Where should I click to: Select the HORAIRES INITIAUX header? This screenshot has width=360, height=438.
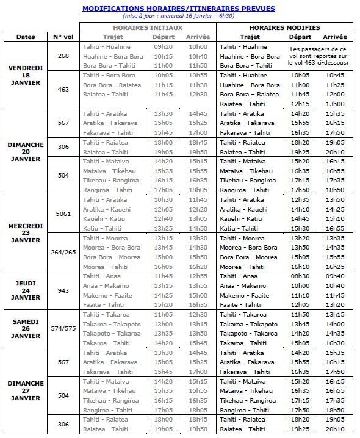click(147, 28)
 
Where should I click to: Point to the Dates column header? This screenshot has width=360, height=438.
click(26, 37)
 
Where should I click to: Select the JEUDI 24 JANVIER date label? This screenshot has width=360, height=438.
click(26, 290)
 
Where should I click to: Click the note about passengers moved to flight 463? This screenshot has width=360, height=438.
click(319, 56)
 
